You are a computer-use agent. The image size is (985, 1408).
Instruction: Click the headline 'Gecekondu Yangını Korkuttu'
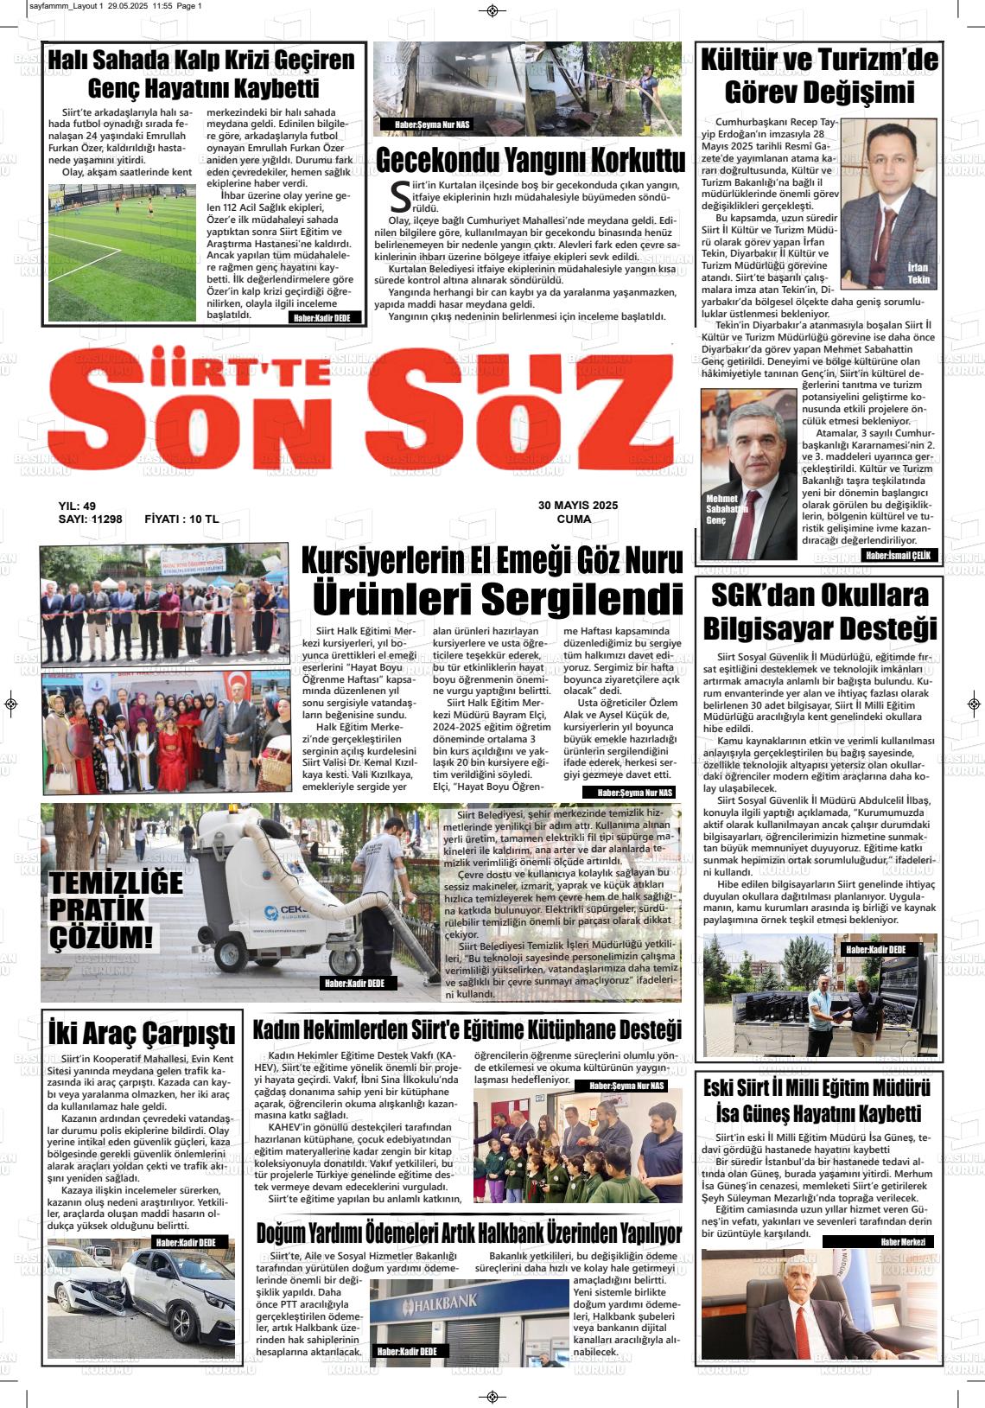tap(530, 161)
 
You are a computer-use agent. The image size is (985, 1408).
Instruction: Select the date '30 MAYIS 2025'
tap(578, 506)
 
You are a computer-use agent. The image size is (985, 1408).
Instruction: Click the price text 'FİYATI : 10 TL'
tap(181, 519)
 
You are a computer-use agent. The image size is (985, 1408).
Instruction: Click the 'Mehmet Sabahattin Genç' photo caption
tap(722, 510)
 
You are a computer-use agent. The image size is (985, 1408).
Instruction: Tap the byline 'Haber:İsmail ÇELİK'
tap(899, 556)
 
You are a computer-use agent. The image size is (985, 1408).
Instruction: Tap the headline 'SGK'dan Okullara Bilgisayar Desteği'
tap(819, 611)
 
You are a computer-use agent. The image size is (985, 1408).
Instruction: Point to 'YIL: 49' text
tap(77, 506)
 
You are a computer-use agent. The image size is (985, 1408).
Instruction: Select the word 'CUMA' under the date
tap(574, 519)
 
